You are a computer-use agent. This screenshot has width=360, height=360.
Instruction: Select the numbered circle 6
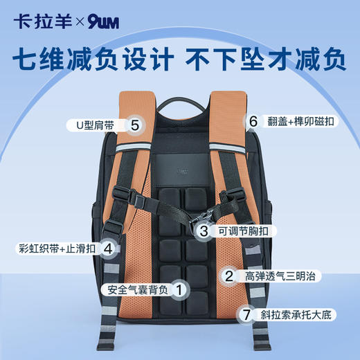253,120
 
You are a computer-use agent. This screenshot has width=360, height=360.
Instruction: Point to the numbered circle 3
204,231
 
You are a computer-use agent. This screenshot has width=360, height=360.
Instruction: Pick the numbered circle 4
107,248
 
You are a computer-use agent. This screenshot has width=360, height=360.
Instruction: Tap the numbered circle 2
228,276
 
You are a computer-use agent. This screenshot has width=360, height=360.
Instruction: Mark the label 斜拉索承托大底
294,314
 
